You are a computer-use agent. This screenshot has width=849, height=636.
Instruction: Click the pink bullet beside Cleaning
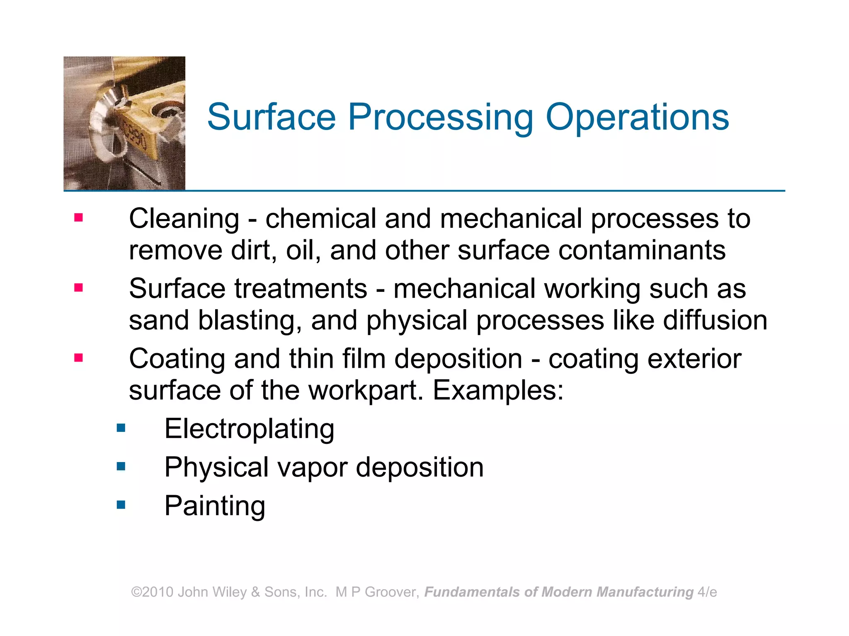click(x=78, y=217)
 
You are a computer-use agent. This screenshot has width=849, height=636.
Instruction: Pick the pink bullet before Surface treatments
click(x=78, y=287)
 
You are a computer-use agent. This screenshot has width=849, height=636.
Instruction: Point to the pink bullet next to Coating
click(x=78, y=357)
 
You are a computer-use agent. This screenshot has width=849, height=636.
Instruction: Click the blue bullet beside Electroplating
click(x=121, y=428)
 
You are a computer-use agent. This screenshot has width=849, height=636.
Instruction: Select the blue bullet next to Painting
click(x=121, y=504)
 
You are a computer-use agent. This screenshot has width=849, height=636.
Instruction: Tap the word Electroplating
click(x=249, y=429)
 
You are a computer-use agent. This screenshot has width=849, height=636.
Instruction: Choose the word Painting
click(x=215, y=506)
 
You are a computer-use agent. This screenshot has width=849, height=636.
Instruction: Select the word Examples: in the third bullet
click(x=498, y=390)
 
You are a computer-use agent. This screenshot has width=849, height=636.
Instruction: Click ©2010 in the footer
click(x=152, y=592)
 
